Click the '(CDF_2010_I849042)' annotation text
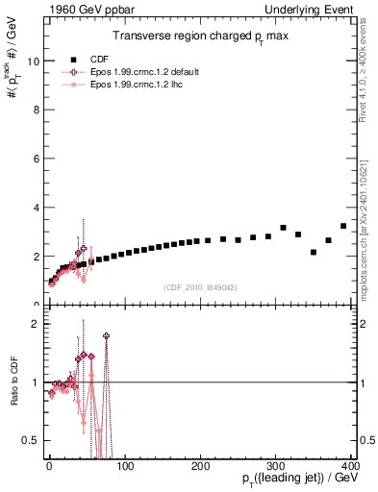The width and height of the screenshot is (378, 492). tap(200, 286)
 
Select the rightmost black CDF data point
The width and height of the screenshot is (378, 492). tap(343, 226)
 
